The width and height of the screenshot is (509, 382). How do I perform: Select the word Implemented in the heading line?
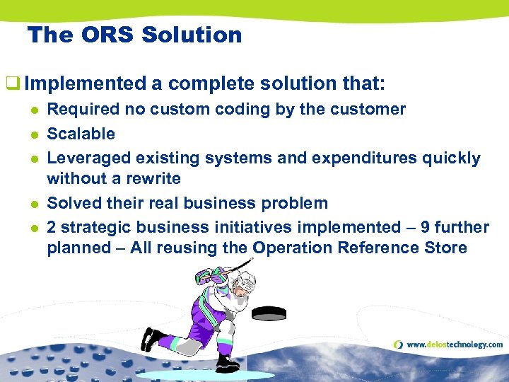point(85,84)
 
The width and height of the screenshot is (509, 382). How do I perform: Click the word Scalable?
point(81,134)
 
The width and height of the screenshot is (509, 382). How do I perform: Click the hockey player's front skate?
point(228,363)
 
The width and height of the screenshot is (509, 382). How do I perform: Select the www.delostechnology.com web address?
point(455,345)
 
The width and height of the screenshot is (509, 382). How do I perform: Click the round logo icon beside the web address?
point(399,345)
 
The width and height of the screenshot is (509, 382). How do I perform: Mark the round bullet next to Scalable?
point(33,134)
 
